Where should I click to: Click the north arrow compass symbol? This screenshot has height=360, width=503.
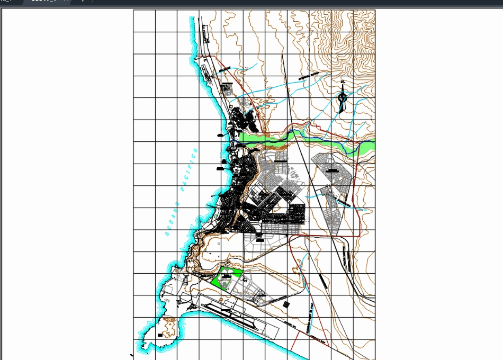[x=342, y=101]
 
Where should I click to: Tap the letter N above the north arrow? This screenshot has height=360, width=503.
[x=343, y=82]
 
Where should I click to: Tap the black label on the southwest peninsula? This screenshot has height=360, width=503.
[x=160, y=335]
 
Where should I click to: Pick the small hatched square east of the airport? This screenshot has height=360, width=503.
[x=287, y=304]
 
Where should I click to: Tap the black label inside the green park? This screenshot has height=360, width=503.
[x=227, y=276]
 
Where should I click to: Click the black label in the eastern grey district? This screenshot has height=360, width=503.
[x=332, y=170]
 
